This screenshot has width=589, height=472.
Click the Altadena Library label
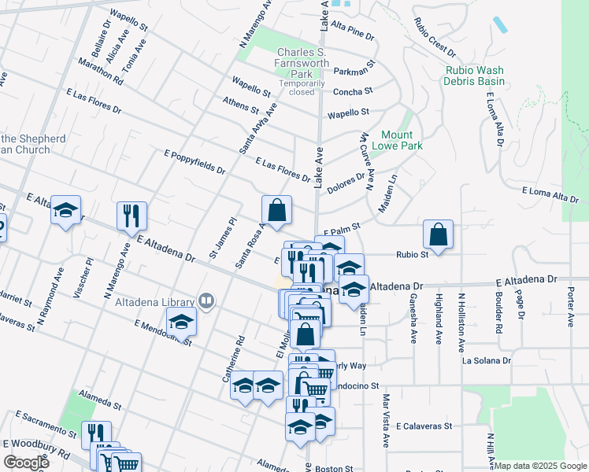click(154, 302)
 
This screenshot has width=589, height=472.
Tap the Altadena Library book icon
click(206, 300)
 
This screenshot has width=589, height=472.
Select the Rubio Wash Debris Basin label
click(473, 76)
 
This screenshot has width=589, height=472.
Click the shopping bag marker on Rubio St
click(438, 234)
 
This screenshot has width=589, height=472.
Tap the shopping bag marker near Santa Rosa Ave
click(276, 210)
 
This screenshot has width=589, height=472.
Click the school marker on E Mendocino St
click(181, 322)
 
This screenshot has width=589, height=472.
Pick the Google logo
click(26, 463)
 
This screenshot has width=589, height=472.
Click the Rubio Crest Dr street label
click(434, 38)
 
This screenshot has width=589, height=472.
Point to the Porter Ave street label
click(570, 297)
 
